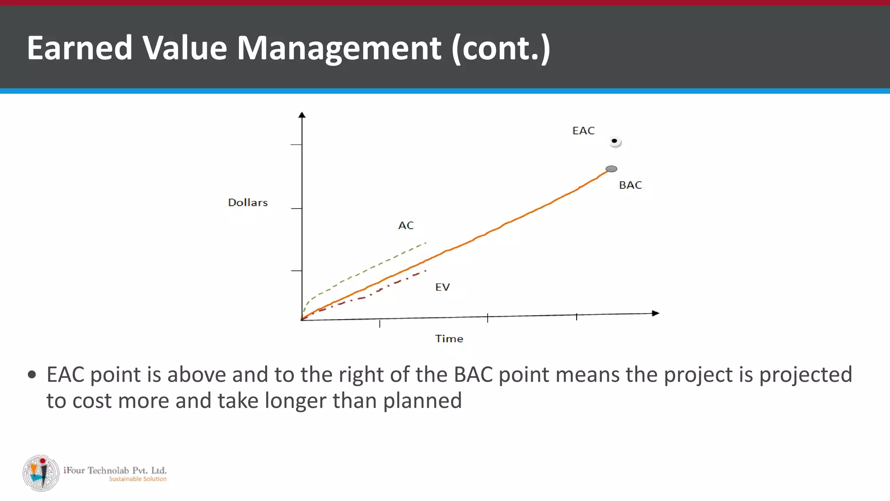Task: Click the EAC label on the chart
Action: (583, 131)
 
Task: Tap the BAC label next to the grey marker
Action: (630, 185)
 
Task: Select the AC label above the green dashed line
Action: (406, 226)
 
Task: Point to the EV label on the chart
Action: (442, 287)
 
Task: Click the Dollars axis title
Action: (248, 203)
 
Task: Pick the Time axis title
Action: (449, 339)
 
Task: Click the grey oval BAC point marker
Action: (611, 169)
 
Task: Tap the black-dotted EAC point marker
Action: (615, 141)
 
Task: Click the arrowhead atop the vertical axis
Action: (302, 115)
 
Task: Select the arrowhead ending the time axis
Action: (656, 313)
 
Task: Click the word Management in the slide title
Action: (339, 48)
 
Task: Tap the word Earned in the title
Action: (80, 48)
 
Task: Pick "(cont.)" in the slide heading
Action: (501, 48)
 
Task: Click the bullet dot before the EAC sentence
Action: (32, 374)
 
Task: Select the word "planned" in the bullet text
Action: (422, 401)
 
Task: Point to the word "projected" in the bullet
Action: (805, 374)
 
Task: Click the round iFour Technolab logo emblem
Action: (41, 473)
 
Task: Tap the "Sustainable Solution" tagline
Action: (137, 479)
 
